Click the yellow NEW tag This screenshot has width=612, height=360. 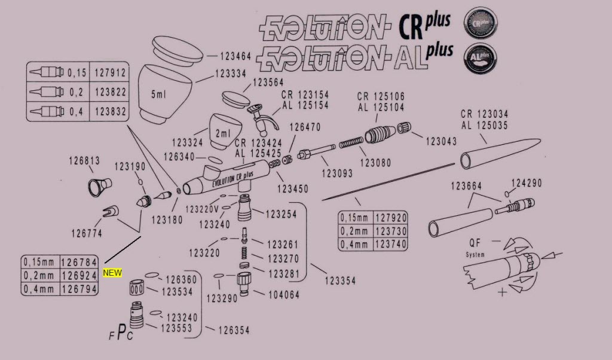(112, 273)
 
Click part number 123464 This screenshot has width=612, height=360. (235, 57)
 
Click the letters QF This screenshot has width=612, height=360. (476, 243)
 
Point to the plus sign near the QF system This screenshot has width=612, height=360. (503, 292)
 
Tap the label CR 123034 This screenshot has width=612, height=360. (484, 115)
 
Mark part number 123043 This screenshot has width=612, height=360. (441, 142)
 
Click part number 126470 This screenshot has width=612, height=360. (305, 127)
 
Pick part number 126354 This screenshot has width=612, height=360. (234, 330)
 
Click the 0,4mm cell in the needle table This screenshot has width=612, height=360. (355, 245)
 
